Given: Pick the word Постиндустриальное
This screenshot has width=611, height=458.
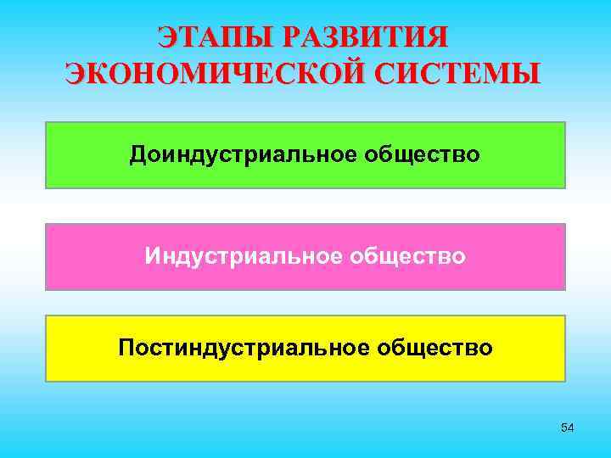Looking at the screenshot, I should click(243, 347).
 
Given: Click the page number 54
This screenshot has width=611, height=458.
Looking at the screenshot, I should click(567, 428).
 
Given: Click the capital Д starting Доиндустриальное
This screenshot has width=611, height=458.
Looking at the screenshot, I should click(137, 155).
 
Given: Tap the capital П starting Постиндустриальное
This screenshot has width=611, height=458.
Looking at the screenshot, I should click(126, 347).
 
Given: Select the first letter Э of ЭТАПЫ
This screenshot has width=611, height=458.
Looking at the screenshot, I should click(167, 38).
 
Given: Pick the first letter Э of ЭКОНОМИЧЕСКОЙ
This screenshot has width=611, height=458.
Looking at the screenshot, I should click(75, 73).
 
